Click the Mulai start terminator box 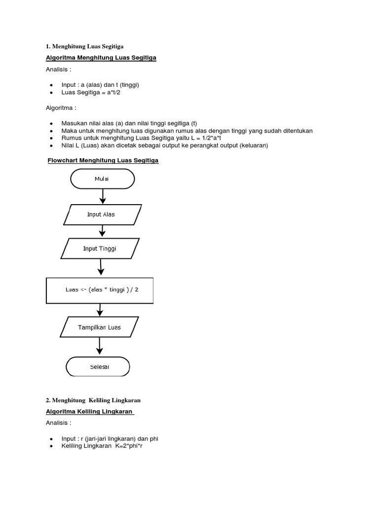(103, 179)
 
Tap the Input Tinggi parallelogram (101, 249)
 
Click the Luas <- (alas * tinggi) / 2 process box (100, 290)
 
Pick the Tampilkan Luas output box (99, 327)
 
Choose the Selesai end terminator (98, 367)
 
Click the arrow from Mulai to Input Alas (103, 196)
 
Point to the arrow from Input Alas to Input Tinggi (102, 231)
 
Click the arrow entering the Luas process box (101, 268)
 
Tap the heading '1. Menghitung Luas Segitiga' (85, 46)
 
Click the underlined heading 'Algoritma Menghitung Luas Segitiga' (101, 58)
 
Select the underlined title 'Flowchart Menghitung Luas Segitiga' (103, 161)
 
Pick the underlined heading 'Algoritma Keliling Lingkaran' (90, 412)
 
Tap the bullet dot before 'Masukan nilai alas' (51, 123)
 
